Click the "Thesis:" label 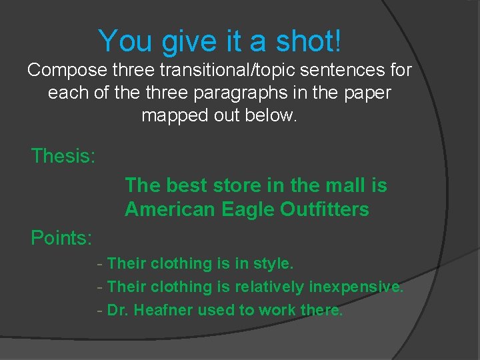pyautogui.click(x=63, y=157)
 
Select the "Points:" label pyautogui.click(x=62, y=237)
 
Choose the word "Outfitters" pyautogui.click(x=325, y=209)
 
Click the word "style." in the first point pyautogui.click(x=273, y=264)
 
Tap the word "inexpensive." pyautogui.click(x=356, y=287)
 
